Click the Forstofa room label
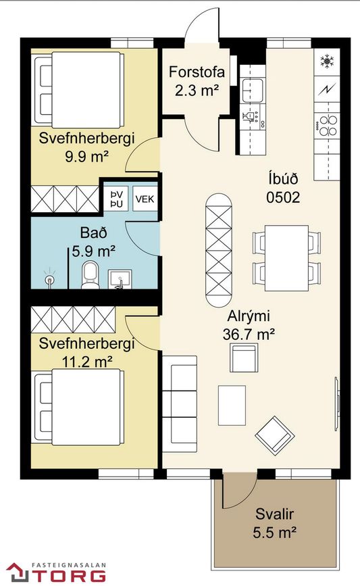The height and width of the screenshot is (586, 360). click(x=197, y=72)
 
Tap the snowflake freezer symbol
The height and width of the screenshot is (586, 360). click(x=327, y=61)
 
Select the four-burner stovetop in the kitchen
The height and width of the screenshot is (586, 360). click(x=328, y=126)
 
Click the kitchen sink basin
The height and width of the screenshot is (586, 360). click(x=253, y=90)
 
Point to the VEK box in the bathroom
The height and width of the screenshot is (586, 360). click(x=145, y=199)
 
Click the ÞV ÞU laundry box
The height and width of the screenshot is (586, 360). click(x=117, y=199)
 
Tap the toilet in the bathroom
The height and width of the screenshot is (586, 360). click(x=90, y=275)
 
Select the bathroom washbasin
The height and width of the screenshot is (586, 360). click(x=120, y=279)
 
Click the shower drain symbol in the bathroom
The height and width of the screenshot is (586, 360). click(x=49, y=278)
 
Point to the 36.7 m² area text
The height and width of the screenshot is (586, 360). click(x=249, y=334)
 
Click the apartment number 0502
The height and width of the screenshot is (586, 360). click(x=283, y=197)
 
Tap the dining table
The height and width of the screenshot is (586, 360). click(x=286, y=258)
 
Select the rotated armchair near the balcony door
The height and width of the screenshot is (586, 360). click(x=275, y=436)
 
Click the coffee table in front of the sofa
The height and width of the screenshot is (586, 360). click(x=232, y=406)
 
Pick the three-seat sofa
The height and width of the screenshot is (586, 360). click(x=180, y=404)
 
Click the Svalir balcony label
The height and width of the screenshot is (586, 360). click(x=274, y=514)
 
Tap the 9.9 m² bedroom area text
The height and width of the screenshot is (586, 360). click(x=86, y=156)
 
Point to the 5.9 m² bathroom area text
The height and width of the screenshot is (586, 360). click(x=93, y=251)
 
